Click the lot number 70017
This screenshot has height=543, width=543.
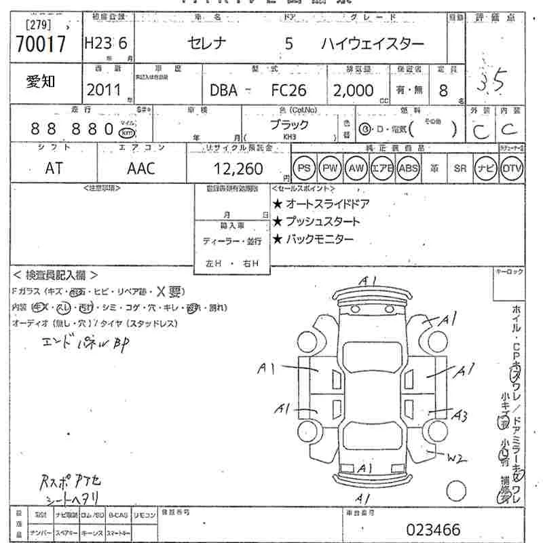tap(40, 45)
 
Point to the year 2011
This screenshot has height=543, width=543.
tap(104, 90)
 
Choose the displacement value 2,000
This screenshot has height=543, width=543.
tap(352, 90)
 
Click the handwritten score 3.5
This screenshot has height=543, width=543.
tap(490, 83)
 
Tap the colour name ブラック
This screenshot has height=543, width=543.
tap(289, 125)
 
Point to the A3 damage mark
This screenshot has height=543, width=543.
tap(461, 414)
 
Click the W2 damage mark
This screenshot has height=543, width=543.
tap(457, 459)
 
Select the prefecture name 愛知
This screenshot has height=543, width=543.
tap(41, 83)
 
